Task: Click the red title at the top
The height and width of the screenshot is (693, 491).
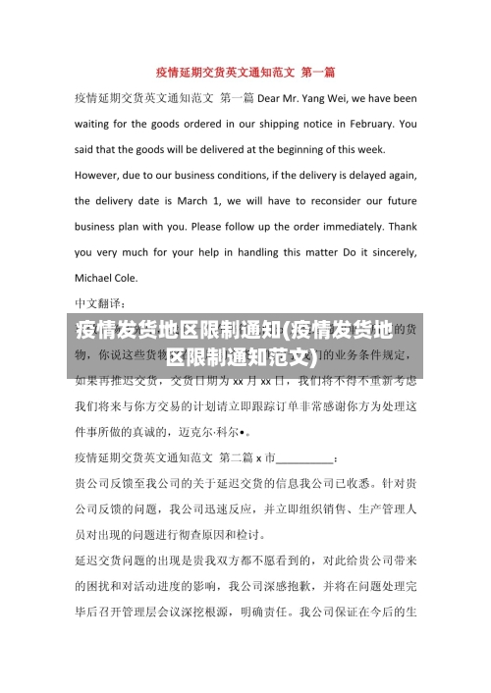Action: coord(245,72)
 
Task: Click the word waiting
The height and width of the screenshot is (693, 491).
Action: coord(96,124)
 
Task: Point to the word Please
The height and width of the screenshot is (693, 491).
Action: coord(208,226)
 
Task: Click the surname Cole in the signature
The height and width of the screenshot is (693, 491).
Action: coord(137,277)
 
